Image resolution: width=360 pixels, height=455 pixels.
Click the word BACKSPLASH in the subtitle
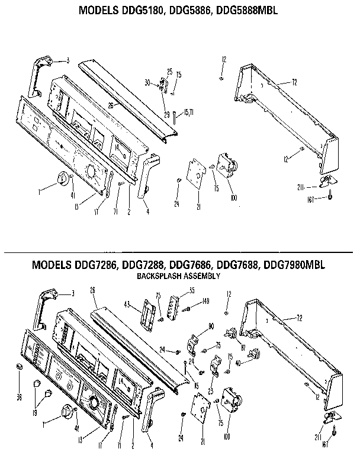(x=158, y=275)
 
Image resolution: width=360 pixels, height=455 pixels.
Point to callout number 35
(x=191, y=290)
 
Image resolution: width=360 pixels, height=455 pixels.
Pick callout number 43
(x=127, y=305)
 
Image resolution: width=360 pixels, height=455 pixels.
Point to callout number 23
(x=210, y=392)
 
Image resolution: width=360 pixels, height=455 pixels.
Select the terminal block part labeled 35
(x=174, y=305)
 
